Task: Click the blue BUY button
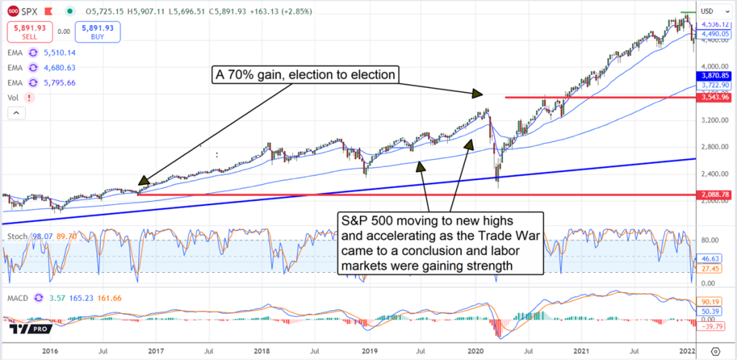click(97, 32)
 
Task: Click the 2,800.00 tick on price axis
click(713, 147)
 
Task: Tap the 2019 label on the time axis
click(369, 351)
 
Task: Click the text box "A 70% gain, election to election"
click(303, 73)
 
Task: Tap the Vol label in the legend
click(12, 97)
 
